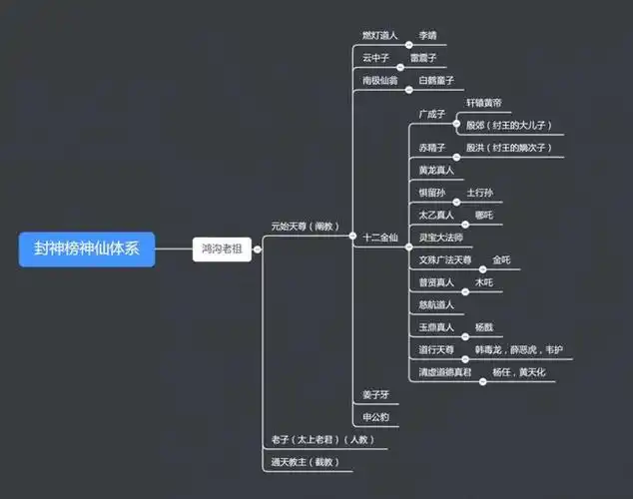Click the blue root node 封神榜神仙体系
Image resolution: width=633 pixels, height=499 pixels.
tap(87, 249)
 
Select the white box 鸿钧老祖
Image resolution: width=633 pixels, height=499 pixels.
tap(222, 249)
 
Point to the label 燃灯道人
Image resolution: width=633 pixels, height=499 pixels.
tap(379, 35)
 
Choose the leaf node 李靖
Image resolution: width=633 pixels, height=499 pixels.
tap(428, 35)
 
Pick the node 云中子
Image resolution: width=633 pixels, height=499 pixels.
tap(375, 58)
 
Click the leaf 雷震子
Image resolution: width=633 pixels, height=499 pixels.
tap(422, 58)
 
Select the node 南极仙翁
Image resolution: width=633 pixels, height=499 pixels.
tap(379, 80)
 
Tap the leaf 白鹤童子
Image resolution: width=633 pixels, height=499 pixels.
tap(436, 80)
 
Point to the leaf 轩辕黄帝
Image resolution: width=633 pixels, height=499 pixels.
tap(484, 103)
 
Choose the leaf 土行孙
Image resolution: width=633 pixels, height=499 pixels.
tap(479, 192)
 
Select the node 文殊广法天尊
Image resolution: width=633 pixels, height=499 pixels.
tap(445, 259)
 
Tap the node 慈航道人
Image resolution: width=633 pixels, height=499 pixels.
tap(436, 304)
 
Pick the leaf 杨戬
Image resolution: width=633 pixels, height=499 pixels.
tap(483, 326)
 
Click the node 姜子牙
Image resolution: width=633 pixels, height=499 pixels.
tap(375, 395)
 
